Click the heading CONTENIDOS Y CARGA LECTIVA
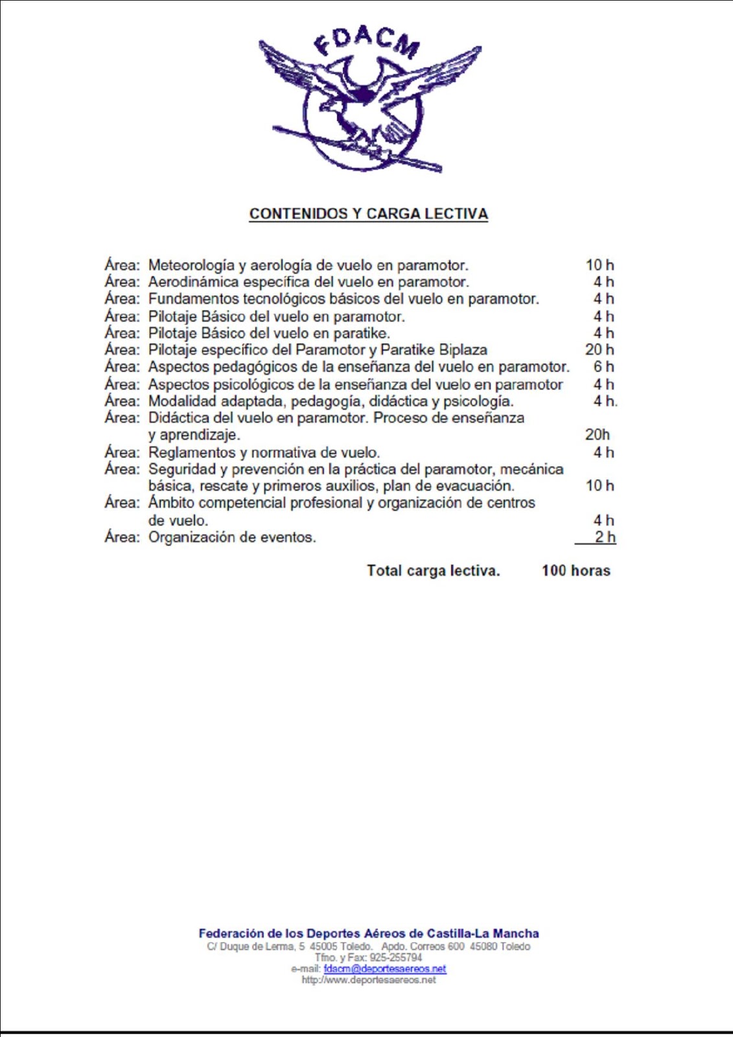click(x=368, y=214)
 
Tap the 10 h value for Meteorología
click(x=599, y=265)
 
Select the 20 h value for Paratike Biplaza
click(x=599, y=350)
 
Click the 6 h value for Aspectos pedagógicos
click(x=603, y=367)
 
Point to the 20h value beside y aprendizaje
click(x=597, y=435)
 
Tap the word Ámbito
click(x=170, y=503)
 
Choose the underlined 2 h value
click(x=605, y=537)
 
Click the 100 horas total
click(x=576, y=571)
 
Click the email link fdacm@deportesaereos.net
click(x=384, y=969)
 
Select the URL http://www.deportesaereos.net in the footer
click(x=368, y=980)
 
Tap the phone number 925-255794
click(x=395, y=958)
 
